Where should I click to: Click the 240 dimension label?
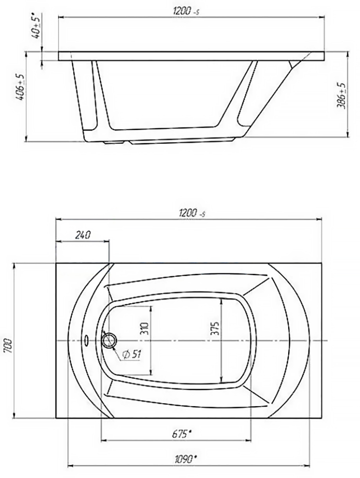(83, 235)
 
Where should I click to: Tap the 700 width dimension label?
(8, 345)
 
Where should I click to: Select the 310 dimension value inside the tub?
(145, 328)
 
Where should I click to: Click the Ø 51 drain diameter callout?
(131, 355)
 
